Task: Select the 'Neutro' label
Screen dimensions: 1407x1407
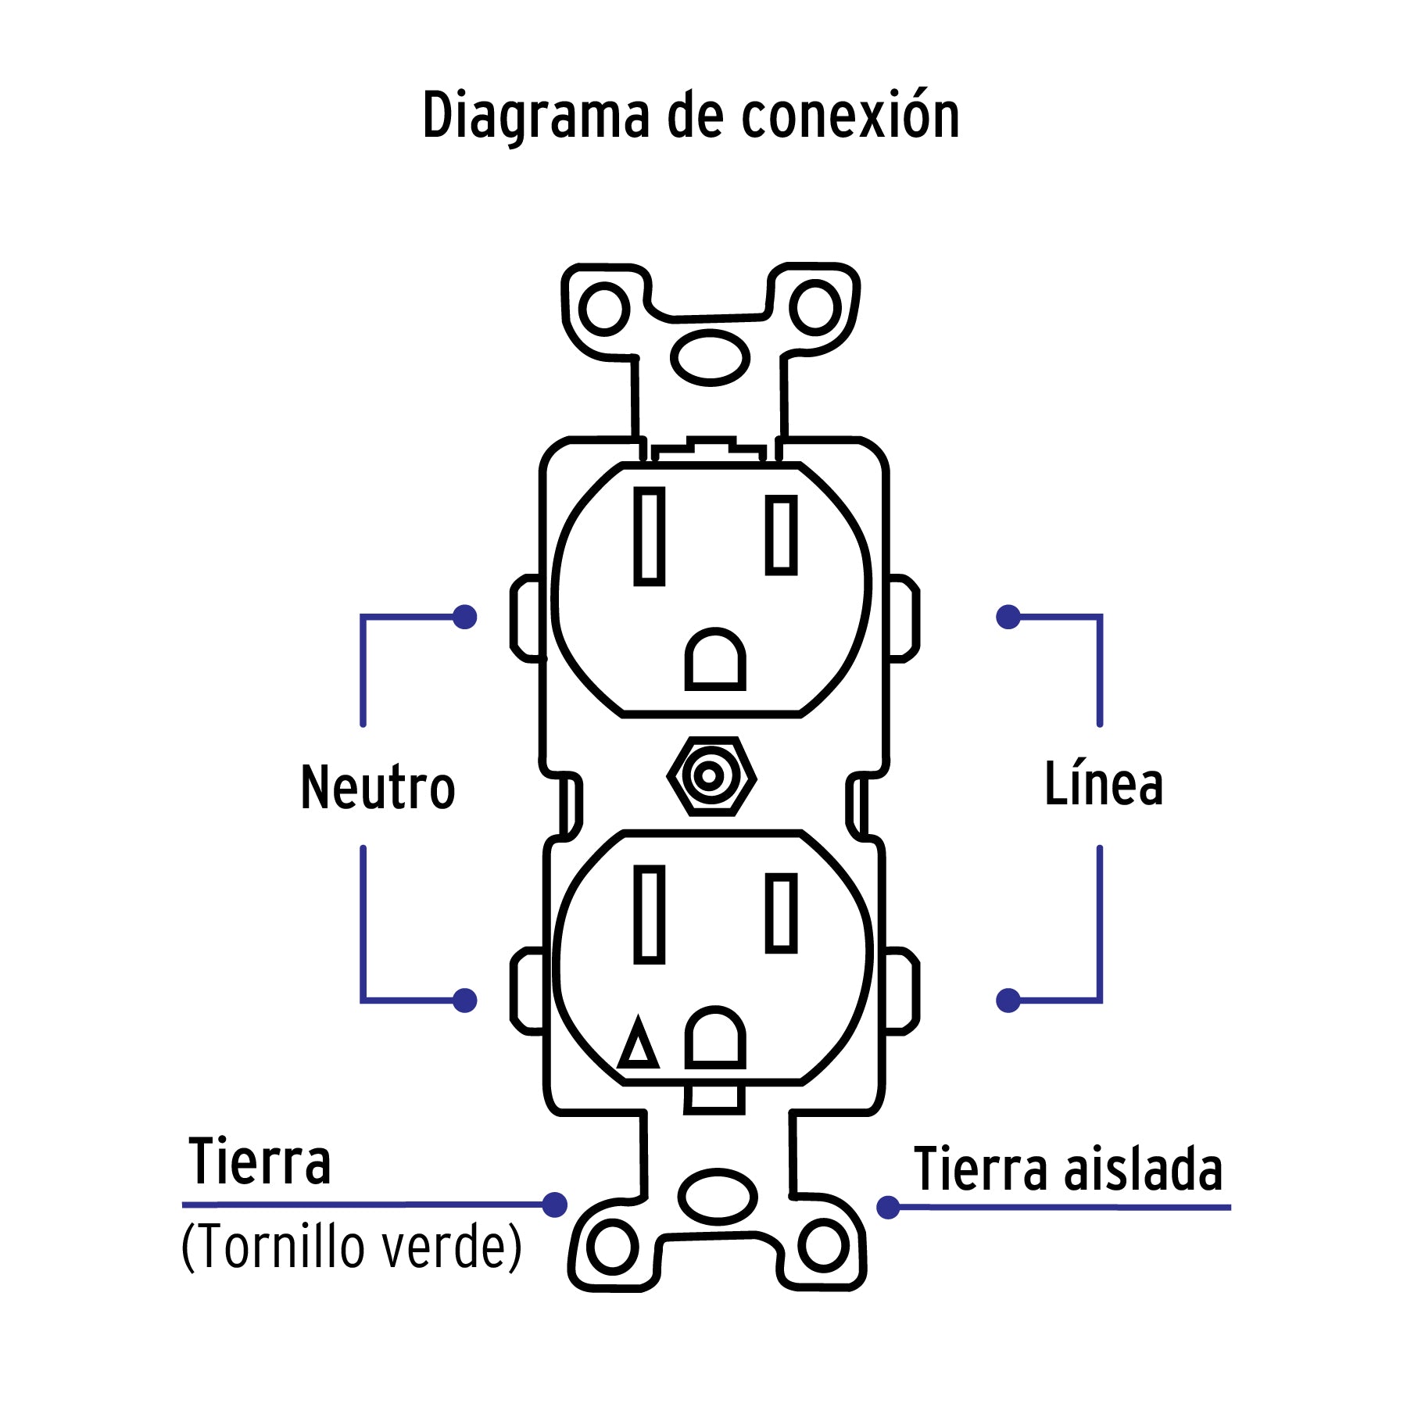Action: (x=378, y=787)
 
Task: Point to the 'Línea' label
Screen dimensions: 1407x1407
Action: (x=1104, y=784)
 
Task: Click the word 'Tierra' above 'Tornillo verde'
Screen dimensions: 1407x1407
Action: (x=260, y=1162)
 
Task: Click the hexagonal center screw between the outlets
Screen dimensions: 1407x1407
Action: (x=711, y=776)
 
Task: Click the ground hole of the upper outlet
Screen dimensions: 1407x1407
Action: (x=714, y=661)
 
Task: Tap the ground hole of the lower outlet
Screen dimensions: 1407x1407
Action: (x=714, y=1038)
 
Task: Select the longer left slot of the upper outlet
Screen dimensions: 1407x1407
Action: (x=649, y=536)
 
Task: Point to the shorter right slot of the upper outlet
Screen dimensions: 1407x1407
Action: (x=781, y=535)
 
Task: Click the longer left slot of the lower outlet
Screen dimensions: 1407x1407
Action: (x=649, y=914)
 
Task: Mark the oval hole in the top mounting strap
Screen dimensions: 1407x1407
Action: (x=710, y=357)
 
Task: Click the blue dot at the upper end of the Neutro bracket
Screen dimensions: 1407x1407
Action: (x=465, y=617)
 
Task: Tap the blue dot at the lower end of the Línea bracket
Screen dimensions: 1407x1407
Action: (x=1008, y=1001)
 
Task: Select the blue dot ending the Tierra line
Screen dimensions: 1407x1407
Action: (x=554, y=1205)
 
